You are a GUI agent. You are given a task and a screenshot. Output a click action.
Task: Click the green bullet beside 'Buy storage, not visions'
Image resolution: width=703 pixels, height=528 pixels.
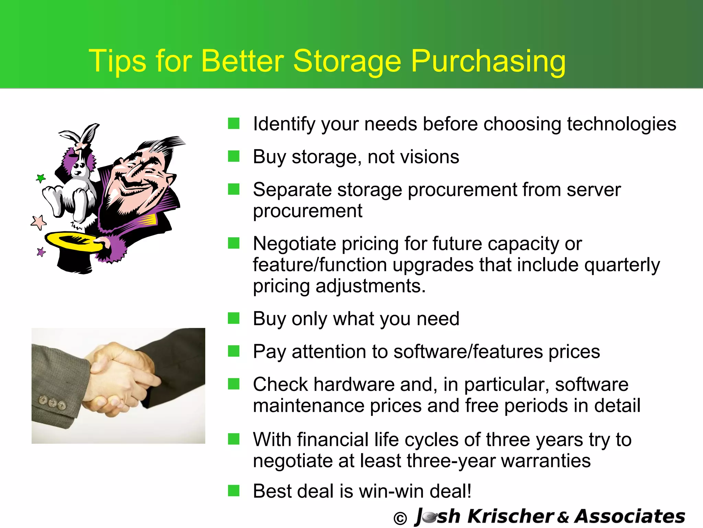233,156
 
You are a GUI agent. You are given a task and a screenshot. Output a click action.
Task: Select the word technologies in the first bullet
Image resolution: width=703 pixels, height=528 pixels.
621,124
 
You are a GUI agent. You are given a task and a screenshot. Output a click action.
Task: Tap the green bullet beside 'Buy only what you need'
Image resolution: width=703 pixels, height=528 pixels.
233,318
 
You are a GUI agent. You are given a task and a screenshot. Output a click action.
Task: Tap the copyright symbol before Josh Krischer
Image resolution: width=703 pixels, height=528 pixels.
400,518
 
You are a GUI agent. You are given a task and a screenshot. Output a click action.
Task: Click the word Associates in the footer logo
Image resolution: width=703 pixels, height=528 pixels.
630,516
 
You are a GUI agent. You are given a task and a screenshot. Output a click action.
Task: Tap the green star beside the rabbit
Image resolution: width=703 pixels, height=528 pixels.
41,178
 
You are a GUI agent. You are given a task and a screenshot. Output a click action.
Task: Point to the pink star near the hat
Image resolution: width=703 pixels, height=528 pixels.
38,222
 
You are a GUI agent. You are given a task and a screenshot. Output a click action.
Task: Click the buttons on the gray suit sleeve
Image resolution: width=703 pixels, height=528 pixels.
52,403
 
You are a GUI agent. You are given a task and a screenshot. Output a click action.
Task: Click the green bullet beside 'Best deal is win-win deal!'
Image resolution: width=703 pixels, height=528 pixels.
233,491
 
